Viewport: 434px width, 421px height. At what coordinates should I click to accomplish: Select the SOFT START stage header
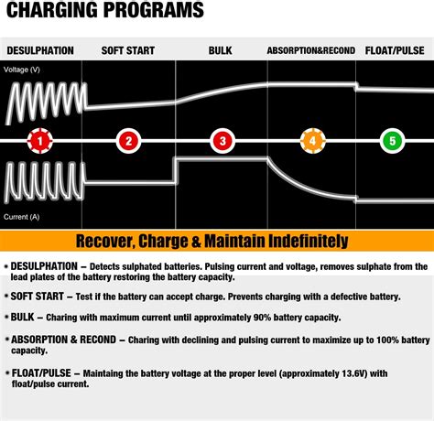point(127,51)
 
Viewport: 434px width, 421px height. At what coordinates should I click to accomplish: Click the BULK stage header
point(221,51)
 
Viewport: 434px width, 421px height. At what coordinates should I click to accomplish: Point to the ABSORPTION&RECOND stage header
point(310,51)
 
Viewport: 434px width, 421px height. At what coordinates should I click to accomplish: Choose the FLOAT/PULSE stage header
point(395,51)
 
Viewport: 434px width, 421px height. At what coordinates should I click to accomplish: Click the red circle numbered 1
point(38,141)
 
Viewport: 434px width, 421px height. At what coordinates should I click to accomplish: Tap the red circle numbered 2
point(129,141)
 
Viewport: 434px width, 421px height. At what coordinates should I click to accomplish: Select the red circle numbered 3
point(221,141)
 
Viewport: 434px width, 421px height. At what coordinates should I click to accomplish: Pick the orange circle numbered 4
point(312,141)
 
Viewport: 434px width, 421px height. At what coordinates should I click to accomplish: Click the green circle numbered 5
point(393,141)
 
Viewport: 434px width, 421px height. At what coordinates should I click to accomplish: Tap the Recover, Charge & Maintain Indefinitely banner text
point(212,242)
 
